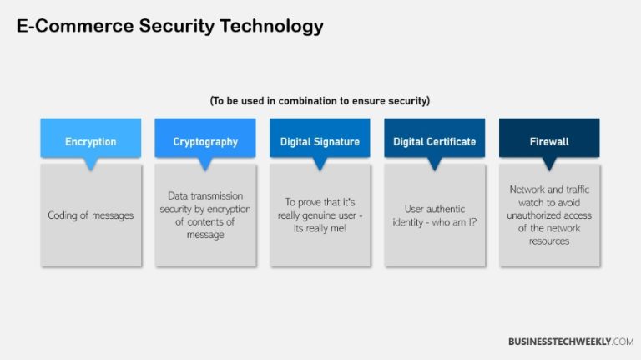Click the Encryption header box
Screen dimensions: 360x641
click(x=90, y=140)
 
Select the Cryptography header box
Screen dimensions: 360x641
click(x=205, y=140)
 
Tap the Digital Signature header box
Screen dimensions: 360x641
click(x=320, y=140)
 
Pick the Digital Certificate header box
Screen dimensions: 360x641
click(x=434, y=140)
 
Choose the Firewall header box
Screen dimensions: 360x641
click(x=548, y=140)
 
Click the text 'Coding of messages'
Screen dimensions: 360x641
click(x=90, y=215)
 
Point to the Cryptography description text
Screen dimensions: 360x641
click(x=205, y=215)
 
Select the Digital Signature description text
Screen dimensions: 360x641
click(x=320, y=215)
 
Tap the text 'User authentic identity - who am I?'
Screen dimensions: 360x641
click(x=434, y=215)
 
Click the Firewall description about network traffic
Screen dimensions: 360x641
click(x=548, y=215)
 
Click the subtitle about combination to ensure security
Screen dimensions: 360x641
click(x=320, y=101)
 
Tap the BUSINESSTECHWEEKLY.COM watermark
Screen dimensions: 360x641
click(x=571, y=341)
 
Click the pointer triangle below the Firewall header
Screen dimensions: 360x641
click(x=548, y=164)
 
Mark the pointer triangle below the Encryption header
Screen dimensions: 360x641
click(x=90, y=164)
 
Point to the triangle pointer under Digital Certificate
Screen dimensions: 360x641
click(x=434, y=164)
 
